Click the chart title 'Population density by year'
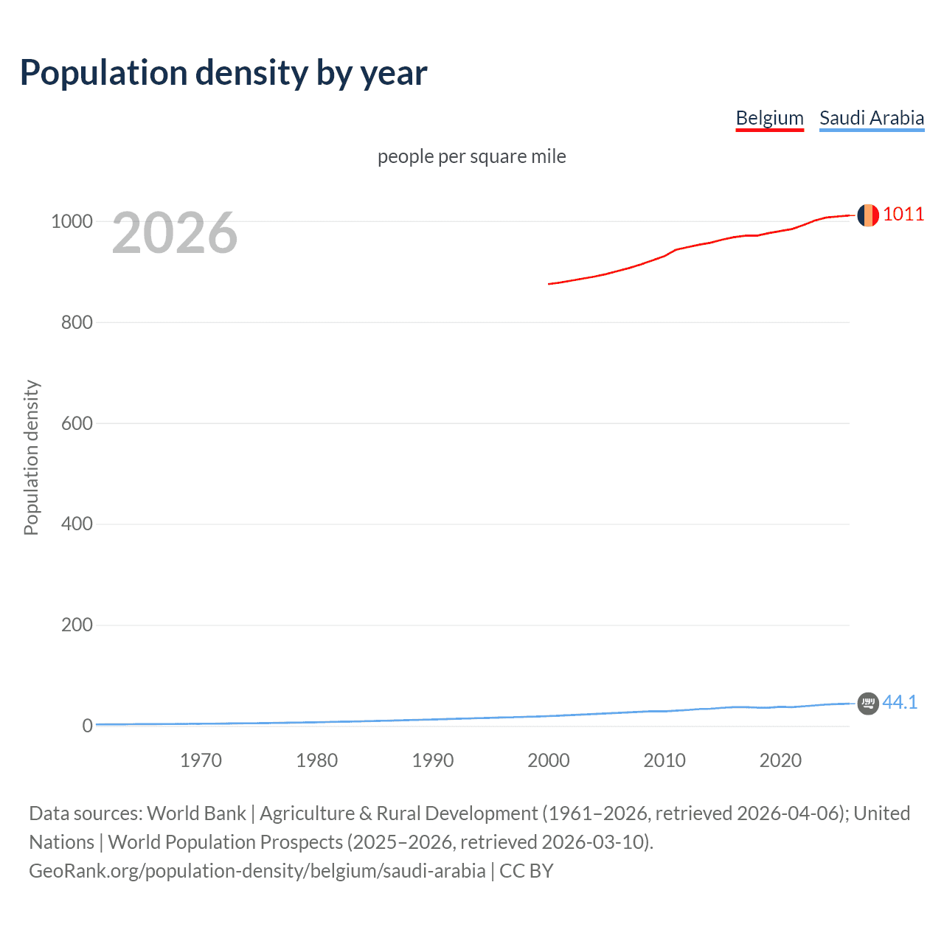point(223,73)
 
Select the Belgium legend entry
point(769,118)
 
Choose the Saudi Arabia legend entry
point(871,118)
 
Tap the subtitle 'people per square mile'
point(471,156)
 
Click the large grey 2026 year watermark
point(175,233)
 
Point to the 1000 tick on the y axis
point(72,221)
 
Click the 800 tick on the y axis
point(77,322)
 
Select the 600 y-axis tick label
point(77,423)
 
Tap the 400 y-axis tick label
point(77,524)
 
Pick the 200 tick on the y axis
point(77,625)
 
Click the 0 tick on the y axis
point(88,726)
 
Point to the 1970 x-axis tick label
point(201,760)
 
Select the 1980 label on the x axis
point(316,760)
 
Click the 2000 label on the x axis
point(549,760)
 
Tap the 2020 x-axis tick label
point(780,760)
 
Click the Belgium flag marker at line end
point(868,215)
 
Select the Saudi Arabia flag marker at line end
point(868,704)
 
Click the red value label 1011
point(903,215)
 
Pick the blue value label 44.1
point(900,703)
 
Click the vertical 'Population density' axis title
point(31,457)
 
